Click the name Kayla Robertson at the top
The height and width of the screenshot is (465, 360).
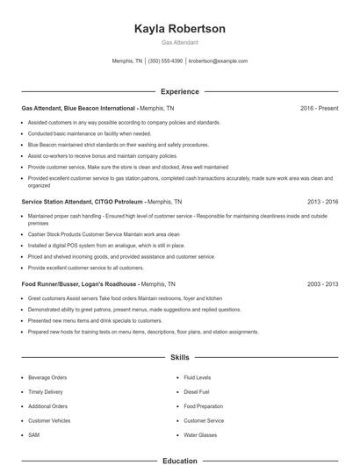(180, 29)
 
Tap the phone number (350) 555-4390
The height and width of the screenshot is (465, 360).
(166, 61)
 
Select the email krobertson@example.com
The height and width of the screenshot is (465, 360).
(219, 61)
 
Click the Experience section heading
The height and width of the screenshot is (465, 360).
(180, 91)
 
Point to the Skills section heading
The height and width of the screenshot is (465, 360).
(180, 357)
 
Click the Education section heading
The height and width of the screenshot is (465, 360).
(180, 460)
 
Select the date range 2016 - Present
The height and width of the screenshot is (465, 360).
(319, 108)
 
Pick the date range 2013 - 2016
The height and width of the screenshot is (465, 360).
(323, 201)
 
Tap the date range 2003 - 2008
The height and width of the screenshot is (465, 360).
(323, 284)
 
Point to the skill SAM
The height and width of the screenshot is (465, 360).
(33, 435)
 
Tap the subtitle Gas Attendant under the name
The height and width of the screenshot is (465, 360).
(180, 42)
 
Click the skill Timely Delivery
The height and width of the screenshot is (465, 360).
(45, 392)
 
